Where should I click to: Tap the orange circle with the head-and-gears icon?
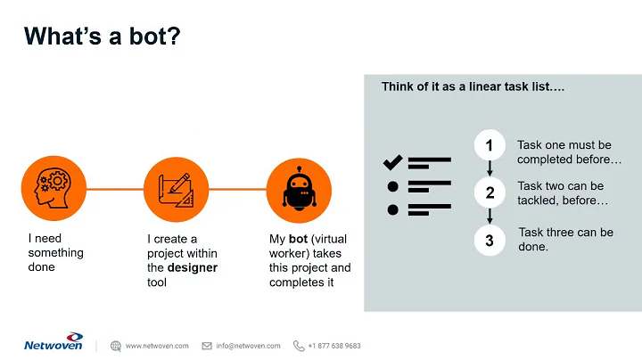click(x=47, y=189)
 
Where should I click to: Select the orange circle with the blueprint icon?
click(x=169, y=189)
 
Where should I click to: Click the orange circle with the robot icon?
click(x=293, y=189)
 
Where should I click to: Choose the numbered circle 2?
click(x=490, y=192)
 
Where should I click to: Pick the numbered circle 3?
click(x=490, y=240)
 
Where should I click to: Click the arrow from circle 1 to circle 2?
click(x=490, y=169)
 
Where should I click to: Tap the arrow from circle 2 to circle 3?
click(x=490, y=217)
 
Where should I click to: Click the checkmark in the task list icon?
click(x=392, y=162)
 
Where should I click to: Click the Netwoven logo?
click(x=53, y=345)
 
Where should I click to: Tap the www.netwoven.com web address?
click(x=157, y=346)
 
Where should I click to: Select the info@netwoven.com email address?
click(x=248, y=346)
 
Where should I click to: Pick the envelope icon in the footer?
click(x=207, y=346)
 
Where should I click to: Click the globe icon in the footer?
click(x=116, y=346)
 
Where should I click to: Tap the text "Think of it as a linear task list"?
click(x=473, y=87)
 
